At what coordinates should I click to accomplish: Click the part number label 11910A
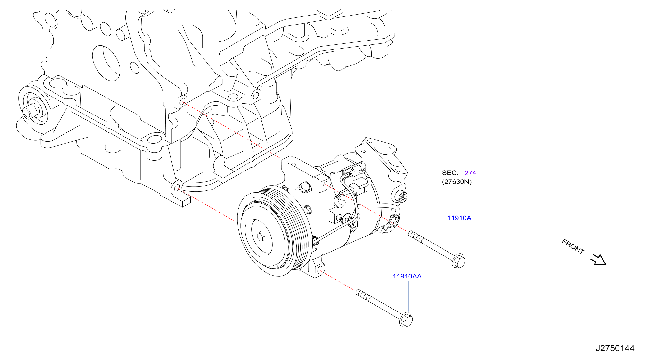[x=459, y=218]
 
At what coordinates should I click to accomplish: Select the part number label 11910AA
[x=407, y=276]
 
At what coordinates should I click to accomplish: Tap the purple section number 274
[x=470, y=173]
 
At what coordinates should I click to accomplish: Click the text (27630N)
[x=456, y=182]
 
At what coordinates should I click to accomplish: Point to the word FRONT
[x=573, y=246]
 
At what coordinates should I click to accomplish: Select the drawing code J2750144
[x=615, y=348]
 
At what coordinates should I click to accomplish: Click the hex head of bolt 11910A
[x=459, y=261]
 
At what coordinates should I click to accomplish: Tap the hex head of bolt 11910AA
[x=406, y=319]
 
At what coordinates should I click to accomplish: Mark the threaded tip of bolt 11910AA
[x=358, y=292]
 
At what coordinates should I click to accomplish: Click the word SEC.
[x=450, y=173]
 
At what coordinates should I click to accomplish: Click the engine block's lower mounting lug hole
[x=177, y=188]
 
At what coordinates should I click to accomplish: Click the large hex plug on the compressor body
[x=305, y=188]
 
